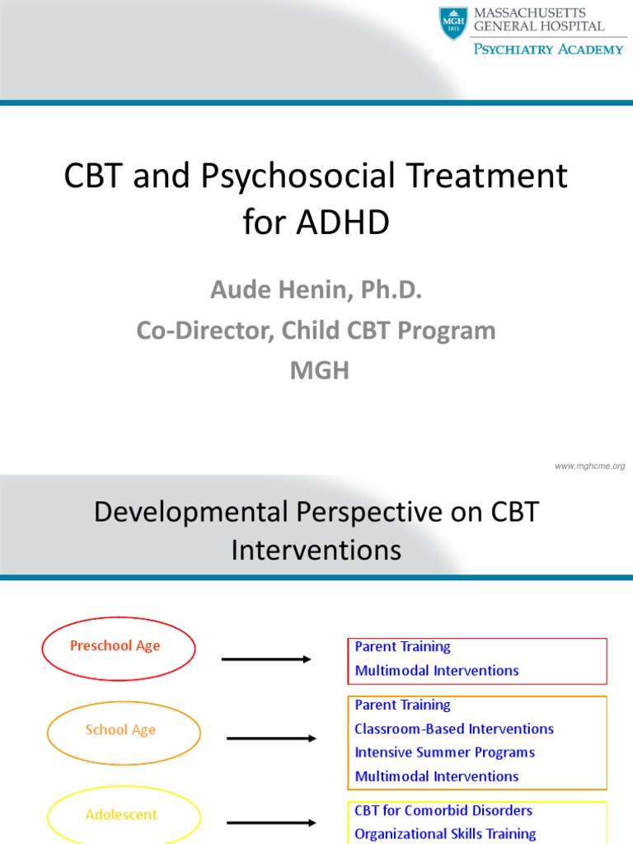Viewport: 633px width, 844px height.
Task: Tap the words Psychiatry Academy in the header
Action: [547, 49]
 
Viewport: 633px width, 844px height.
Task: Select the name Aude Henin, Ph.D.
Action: [316, 290]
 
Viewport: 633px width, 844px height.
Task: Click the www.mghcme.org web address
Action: [589, 467]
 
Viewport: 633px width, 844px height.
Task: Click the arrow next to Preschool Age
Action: [265, 659]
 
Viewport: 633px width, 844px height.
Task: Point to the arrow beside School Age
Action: [270, 738]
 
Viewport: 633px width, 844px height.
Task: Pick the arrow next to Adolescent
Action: [270, 823]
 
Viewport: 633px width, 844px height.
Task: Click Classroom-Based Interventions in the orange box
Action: [454, 729]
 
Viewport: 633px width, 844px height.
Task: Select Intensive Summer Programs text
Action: [444, 753]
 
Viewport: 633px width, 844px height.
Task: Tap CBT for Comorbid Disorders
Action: [443, 811]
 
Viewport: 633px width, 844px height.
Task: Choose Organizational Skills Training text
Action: [445, 834]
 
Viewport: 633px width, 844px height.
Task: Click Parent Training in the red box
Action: [402, 647]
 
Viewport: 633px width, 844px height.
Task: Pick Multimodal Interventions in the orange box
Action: [437, 776]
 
